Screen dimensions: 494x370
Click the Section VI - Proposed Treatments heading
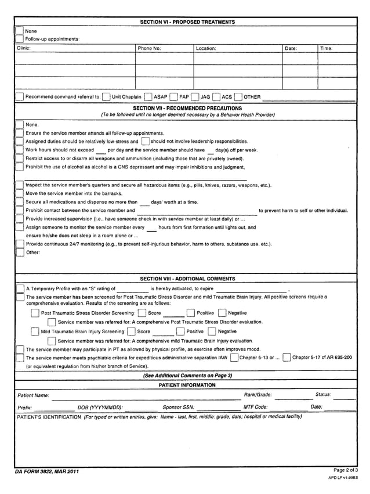click(187, 22)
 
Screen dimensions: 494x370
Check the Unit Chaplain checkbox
click(106, 97)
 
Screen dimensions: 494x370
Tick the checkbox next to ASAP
click(148, 97)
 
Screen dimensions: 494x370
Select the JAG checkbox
click(195, 97)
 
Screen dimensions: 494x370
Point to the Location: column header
click(206, 49)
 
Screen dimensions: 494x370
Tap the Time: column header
click(327, 49)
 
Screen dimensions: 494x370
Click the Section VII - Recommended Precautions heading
click(187, 109)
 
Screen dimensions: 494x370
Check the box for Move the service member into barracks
click(19, 193)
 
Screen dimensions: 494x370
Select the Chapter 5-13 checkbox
click(234, 358)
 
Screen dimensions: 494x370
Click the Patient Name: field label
click(33, 396)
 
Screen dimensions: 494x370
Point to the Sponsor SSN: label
click(178, 408)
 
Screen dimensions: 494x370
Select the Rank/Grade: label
click(257, 395)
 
